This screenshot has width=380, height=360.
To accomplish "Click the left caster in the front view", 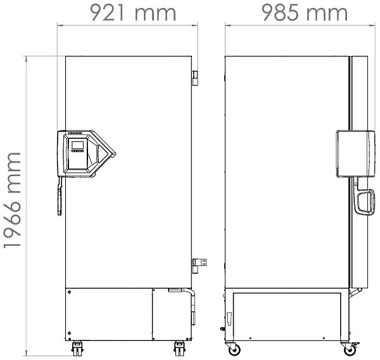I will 78,348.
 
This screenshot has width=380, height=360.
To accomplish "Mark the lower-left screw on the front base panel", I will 68,333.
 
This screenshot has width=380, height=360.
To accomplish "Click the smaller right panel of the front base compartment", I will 172,314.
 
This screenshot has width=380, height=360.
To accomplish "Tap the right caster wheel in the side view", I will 348,349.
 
